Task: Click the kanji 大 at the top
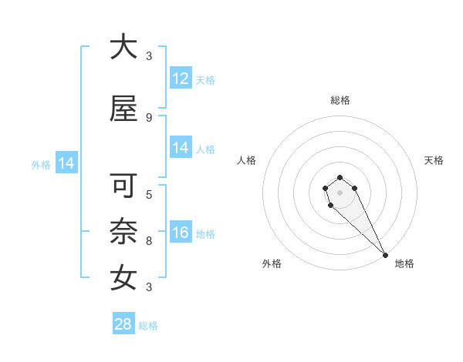click(123, 47)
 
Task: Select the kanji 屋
click(123, 110)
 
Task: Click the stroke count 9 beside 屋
click(148, 118)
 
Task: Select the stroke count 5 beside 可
click(148, 194)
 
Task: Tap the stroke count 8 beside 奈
click(148, 240)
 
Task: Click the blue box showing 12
click(181, 79)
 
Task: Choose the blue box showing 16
click(181, 233)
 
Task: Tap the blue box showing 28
click(123, 324)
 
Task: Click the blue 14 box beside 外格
click(66, 163)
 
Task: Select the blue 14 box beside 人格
click(181, 148)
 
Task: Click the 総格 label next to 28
click(148, 326)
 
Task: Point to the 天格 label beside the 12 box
click(205, 79)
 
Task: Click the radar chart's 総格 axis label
click(340, 100)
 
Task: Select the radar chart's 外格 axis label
click(271, 263)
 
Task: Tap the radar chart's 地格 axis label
click(404, 263)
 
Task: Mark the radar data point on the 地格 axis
click(385, 255)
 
